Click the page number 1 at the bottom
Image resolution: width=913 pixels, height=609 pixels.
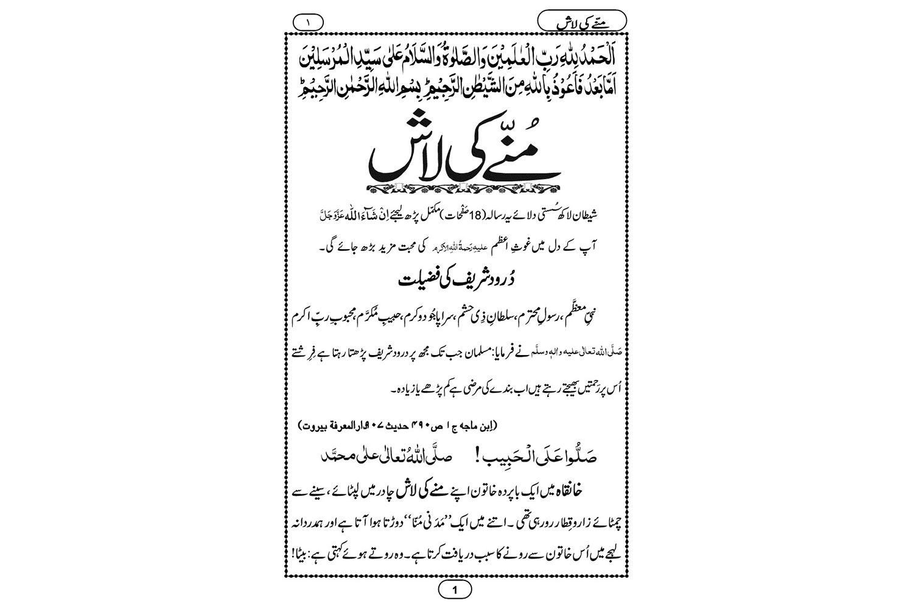point(455,590)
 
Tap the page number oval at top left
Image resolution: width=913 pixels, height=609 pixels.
point(308,23)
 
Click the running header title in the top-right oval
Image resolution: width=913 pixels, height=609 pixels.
point(582,23)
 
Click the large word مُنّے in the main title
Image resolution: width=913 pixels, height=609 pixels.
point(517,160)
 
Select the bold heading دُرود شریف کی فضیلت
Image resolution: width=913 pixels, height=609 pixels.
point(455,281)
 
